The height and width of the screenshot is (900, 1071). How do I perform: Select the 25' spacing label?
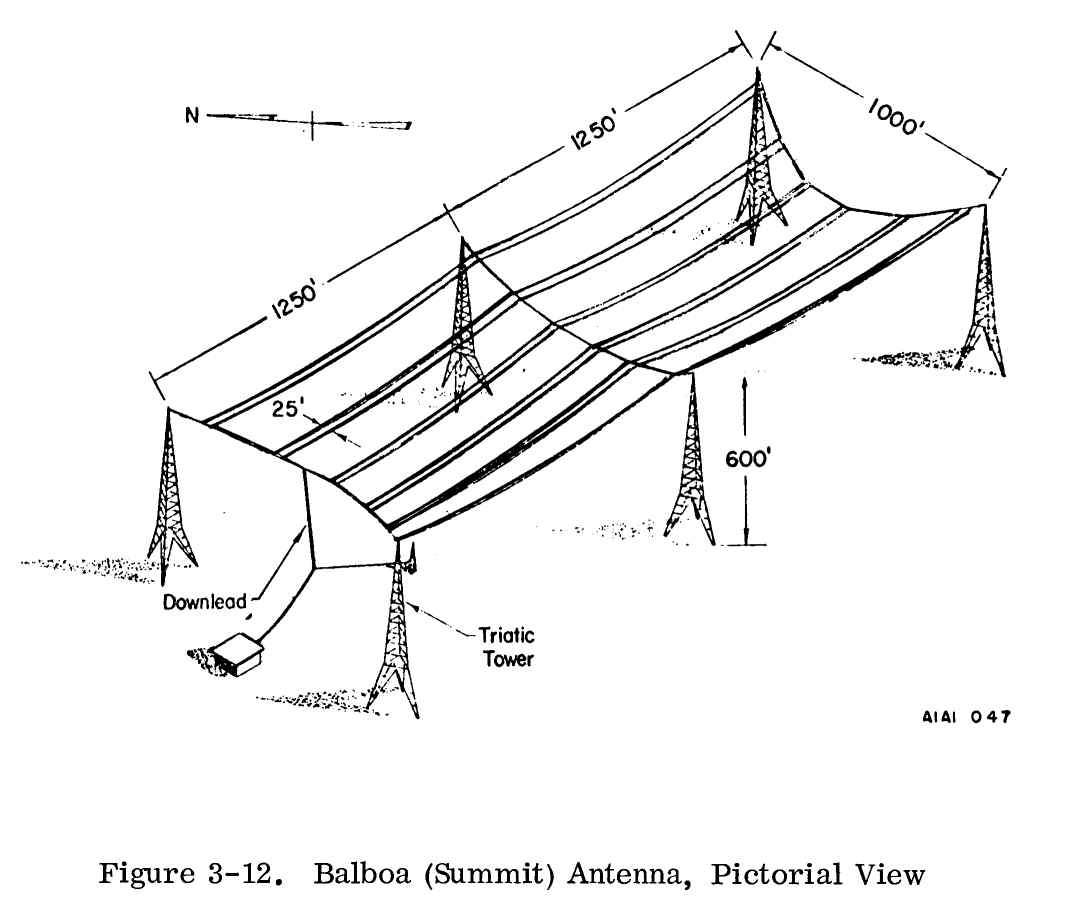click(288, 409)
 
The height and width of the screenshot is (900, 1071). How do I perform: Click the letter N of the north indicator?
click(191, 115)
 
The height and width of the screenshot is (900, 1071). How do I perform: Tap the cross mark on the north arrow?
click(312, 124)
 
